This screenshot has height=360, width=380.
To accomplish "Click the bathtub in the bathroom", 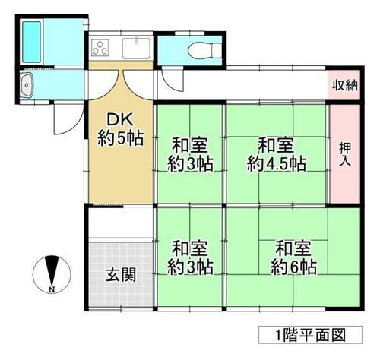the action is pyautogui.click(x=31, y=42).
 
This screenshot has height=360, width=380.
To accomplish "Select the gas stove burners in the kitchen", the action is pyautogui.click(x=100, y=47).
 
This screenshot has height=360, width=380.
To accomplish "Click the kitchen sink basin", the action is pyautogui.click(x=136, y=49).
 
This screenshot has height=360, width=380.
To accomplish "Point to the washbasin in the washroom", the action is pyautogui.click(x=27, y=85).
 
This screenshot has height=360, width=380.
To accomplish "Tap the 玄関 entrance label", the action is pyautogui.click(x=121, y=275).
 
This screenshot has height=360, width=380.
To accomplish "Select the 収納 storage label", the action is pyautogui.click(x=344, y=85).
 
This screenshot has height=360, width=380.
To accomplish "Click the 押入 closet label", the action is pyautogui.click(x=345, y=154).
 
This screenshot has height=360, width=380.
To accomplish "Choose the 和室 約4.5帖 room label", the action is pyautogui.click(x=277, y=154).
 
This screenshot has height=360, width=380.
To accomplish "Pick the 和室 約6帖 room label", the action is pyautogui.click(x=293, y=257).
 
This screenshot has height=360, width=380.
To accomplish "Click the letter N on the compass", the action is pyautogui.click(x=52, y=289).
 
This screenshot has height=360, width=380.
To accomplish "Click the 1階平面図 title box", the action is pyautogui.click(x=310, y=335).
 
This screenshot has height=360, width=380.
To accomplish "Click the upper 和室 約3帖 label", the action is pyautogui.click(x=190, y=154).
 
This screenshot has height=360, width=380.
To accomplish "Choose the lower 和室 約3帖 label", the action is pyautogui.click(x=190, y=257).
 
